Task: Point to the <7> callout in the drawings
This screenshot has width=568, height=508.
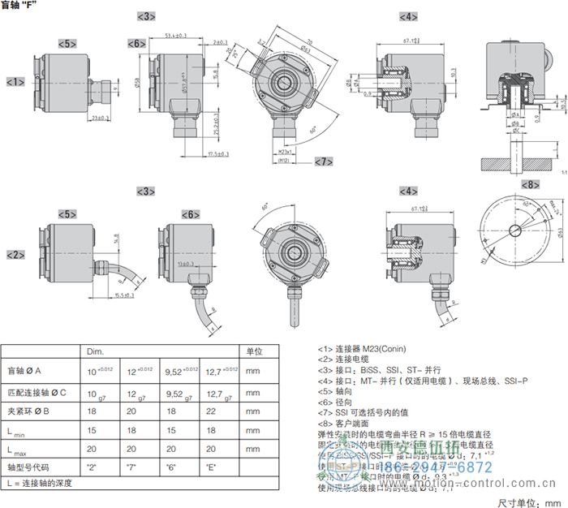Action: tap(324, 161)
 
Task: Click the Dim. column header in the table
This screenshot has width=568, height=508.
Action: tap(96, 351)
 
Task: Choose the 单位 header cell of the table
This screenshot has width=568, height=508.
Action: tap(255, 351)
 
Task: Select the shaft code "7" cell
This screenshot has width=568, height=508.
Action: tap(131, 468)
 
